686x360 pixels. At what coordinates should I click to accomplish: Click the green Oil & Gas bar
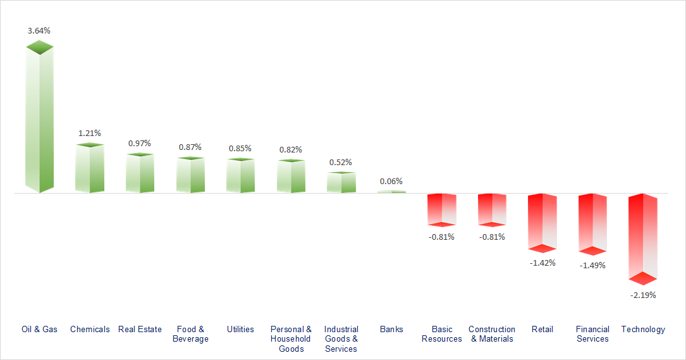point(39,120)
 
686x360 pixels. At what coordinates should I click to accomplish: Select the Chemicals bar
point(89,168)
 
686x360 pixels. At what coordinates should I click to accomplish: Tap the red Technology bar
point(643,237)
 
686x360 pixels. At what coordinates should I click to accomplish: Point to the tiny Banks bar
point(391,191)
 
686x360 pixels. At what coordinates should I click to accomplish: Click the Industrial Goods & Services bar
point(341,182)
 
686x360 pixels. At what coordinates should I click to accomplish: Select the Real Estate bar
point(140,173)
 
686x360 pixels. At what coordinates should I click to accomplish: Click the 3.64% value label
point(39,30)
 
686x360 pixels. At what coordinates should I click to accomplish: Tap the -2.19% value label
point(644,295)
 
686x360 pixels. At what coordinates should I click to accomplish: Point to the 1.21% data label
point(89,133)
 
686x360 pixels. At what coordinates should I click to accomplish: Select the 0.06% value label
point(391,181)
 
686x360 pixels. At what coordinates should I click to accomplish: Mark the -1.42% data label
point(542,263)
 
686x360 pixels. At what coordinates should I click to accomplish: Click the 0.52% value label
point(341,162)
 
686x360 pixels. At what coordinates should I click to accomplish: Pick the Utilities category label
point(240,329)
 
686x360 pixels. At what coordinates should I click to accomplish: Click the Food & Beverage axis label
point(190,334)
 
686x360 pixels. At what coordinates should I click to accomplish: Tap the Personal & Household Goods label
point(291,338)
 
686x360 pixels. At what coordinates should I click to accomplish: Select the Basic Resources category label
point(442,334)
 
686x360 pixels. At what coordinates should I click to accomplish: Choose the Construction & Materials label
point(492,334)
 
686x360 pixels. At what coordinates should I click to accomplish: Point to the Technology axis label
point(643,329)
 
